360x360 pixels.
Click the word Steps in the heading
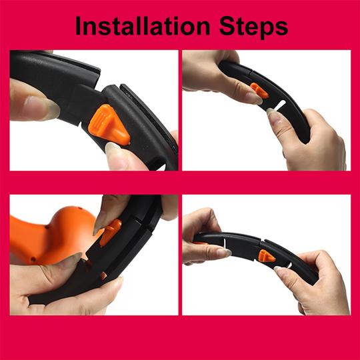tap(253, 27)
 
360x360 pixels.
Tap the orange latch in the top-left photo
tap(109, 124)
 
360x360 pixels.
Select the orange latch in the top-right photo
tap(259, 91)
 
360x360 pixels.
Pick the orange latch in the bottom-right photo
tap(266, 256)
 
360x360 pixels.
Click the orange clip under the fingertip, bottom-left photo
tap(111, 231)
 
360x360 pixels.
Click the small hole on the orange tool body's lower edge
tap(33, 259)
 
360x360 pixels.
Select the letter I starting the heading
tap(79, 25)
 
